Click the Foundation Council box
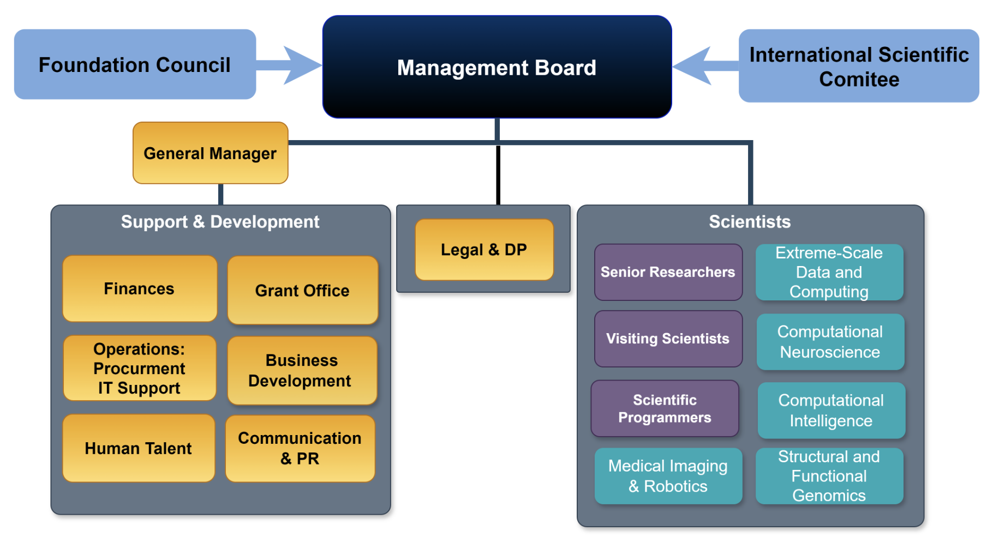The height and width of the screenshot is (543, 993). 135,64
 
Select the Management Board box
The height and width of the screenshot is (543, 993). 496,67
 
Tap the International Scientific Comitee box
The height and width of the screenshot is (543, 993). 859,66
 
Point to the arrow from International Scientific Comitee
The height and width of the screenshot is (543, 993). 704,66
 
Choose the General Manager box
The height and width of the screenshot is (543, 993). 210,153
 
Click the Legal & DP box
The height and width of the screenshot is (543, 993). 484,250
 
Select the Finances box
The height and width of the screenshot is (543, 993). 140,288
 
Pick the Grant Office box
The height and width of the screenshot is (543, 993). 302,291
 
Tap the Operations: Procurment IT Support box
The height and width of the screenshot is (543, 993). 140,368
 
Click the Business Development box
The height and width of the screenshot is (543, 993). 301,371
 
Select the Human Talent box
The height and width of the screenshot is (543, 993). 139,448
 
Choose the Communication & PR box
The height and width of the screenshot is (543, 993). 300,448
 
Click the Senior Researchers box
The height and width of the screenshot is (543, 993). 668,272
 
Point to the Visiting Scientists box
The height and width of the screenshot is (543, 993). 668,339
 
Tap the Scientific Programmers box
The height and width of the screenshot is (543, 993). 665,408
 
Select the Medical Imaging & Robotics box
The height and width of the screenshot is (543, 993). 668,476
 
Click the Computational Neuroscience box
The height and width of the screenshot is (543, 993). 830,342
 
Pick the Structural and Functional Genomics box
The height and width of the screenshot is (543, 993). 829,476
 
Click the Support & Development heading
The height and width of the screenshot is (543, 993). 220,222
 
